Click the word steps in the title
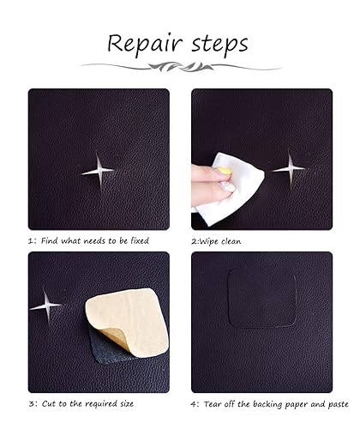(219, 45)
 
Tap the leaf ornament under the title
(181, 67)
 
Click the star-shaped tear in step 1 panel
(98, 172)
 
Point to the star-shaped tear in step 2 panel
(290, 169)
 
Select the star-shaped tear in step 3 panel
(45, 306)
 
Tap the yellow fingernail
(225, 171)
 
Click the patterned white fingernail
(229, 187)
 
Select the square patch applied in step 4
(261, 298)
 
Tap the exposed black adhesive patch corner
(105, 349)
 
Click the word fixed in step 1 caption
(140, 241)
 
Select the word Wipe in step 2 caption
(208, 241)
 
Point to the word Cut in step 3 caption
(49, 403)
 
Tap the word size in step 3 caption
(125, 404)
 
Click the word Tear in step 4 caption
(212, 404)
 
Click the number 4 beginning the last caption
(193, 404)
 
